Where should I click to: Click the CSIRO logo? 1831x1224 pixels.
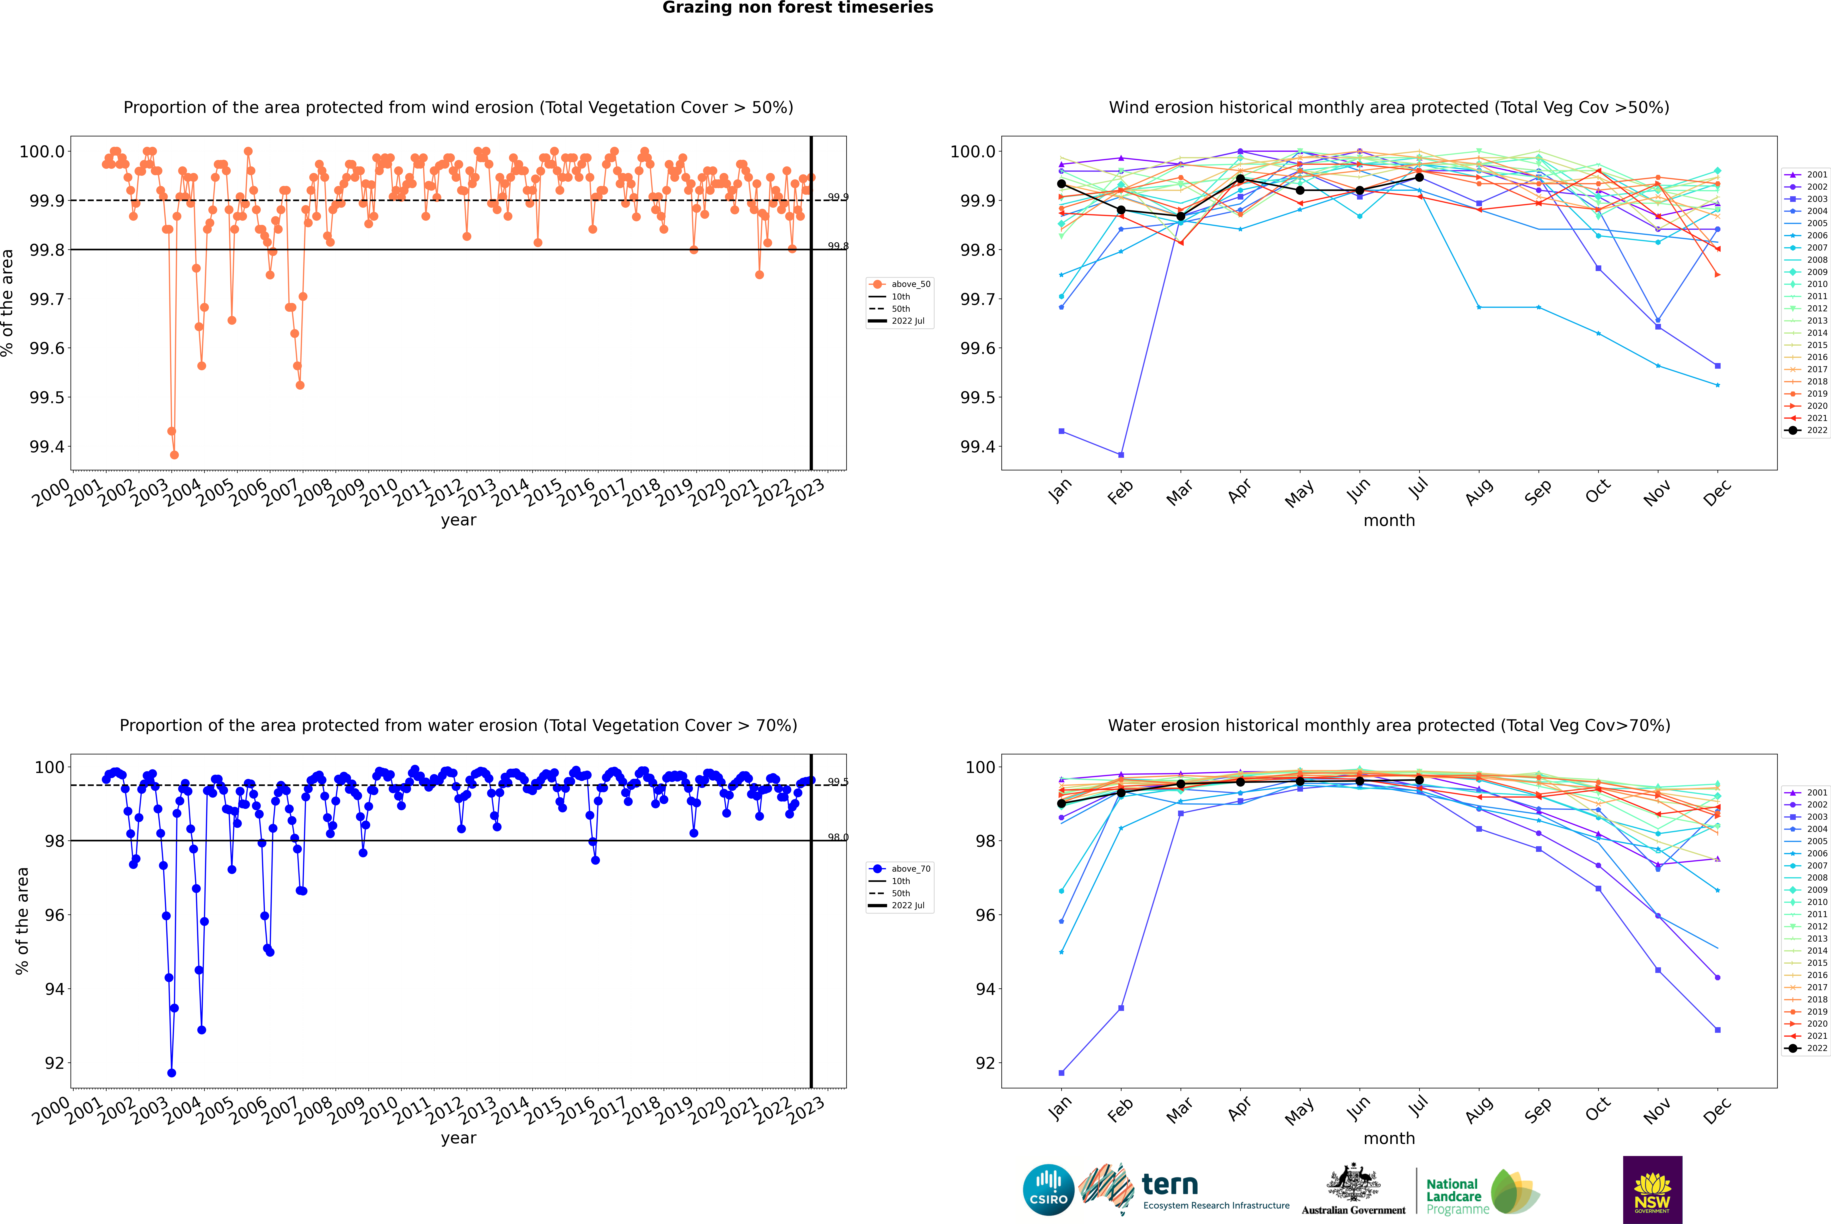(x=1048, y=1190)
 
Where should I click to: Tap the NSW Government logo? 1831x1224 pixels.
(x=1652, y=1190)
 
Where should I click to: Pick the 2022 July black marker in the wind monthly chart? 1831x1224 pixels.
(x=1419, y=177)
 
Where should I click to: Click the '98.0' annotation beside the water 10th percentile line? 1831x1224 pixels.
(x=838, y=838)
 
